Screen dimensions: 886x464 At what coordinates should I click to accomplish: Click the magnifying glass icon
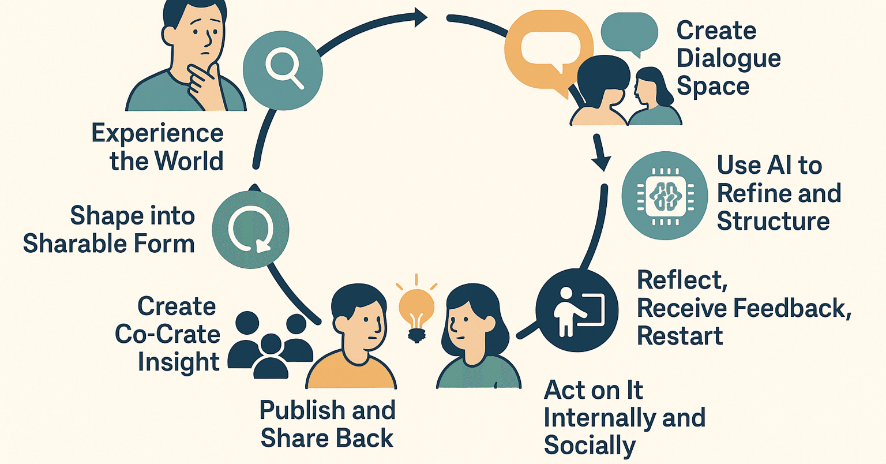[x=283, y=70]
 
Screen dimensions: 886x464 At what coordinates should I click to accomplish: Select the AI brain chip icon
[x=665, y=196]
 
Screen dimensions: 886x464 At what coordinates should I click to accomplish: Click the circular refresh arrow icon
[x=251, y=230]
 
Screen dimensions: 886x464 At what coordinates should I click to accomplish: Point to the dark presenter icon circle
[x=577, y=310]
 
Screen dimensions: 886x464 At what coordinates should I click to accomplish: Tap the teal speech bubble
[x=629, y=34]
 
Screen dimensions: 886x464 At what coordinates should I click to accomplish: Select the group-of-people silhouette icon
[x=271, y=345]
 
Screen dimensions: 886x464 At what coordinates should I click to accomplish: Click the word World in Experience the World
[x=189, y=161]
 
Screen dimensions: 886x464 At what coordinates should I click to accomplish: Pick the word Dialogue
[x=729, y=59]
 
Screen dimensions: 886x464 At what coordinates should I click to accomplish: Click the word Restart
[x=680, y=336]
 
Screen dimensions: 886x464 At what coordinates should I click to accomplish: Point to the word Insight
[x=178, y=362]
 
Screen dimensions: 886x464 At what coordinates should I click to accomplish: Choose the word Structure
[x=774, y=221]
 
